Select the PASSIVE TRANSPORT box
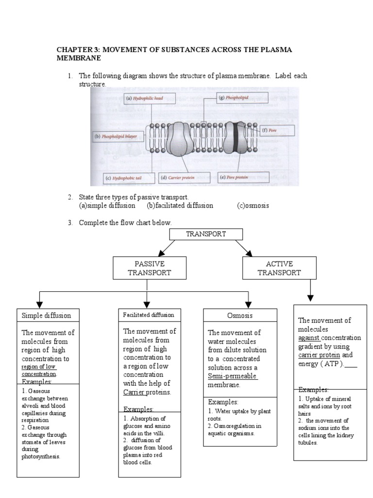[x=149, y=268]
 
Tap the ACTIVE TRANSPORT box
[x=279, y=268]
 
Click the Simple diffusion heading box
[x=46, y=315]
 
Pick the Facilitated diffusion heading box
[x=148, y=315]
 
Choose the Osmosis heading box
[x=240, y=316]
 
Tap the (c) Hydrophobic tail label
[x=126, y=178]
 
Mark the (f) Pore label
[x=277, y=130]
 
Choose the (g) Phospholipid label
[x=236, y=98]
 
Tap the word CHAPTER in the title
[x=73, y=50]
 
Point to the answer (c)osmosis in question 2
[x=253, y=205]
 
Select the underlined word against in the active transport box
[x=308, y=338]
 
